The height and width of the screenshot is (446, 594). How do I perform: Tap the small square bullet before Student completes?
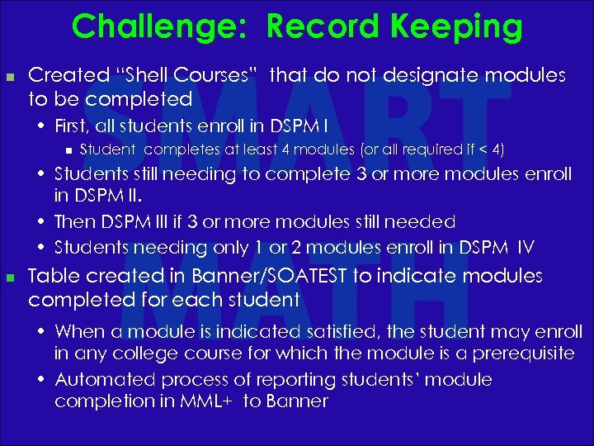click(68, 150)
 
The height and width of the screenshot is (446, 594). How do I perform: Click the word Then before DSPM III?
click(73, 222)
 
